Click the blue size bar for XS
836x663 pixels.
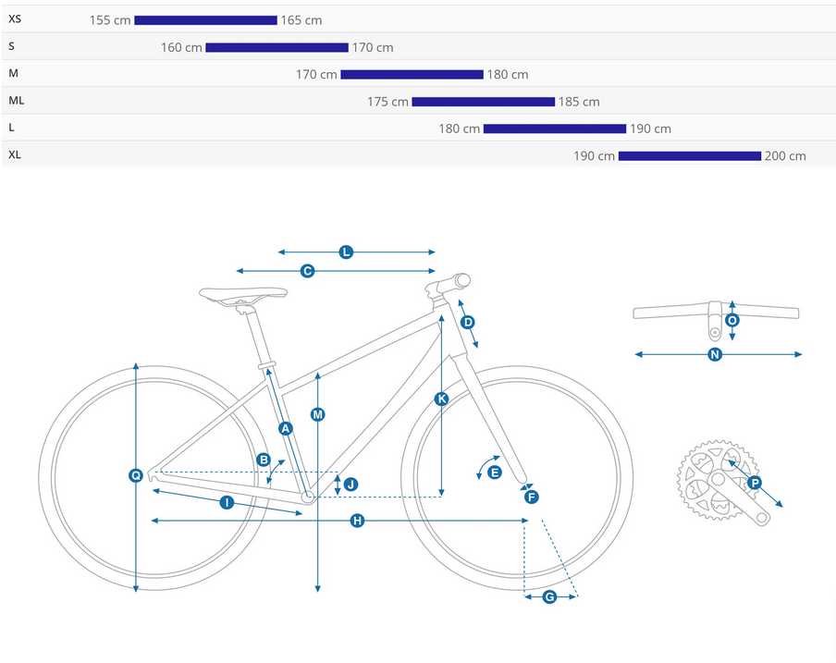pos(205,20)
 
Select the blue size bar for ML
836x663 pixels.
pos(483,102)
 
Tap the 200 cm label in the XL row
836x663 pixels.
pos(785,156)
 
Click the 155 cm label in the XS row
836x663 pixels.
pos(110,20)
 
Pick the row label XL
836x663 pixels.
pos(15,154)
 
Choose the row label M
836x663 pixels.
pos(13,73)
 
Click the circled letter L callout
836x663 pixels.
pos(346,252)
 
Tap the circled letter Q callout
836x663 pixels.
pos(136,475)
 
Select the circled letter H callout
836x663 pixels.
pos(357,522)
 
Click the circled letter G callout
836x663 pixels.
pos(549,597)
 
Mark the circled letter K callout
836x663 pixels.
pos(441,399)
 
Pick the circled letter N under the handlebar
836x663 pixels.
pos(715,354)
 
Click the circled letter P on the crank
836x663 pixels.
pos(755,483)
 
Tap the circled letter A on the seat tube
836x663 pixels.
pos(286,427)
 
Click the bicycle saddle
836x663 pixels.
pos(243,294)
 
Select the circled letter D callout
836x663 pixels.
pos(468,322)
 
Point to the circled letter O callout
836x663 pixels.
pos(732,320)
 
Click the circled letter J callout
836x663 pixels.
pos(350,484)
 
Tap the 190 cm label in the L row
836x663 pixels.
pos(650,129)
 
